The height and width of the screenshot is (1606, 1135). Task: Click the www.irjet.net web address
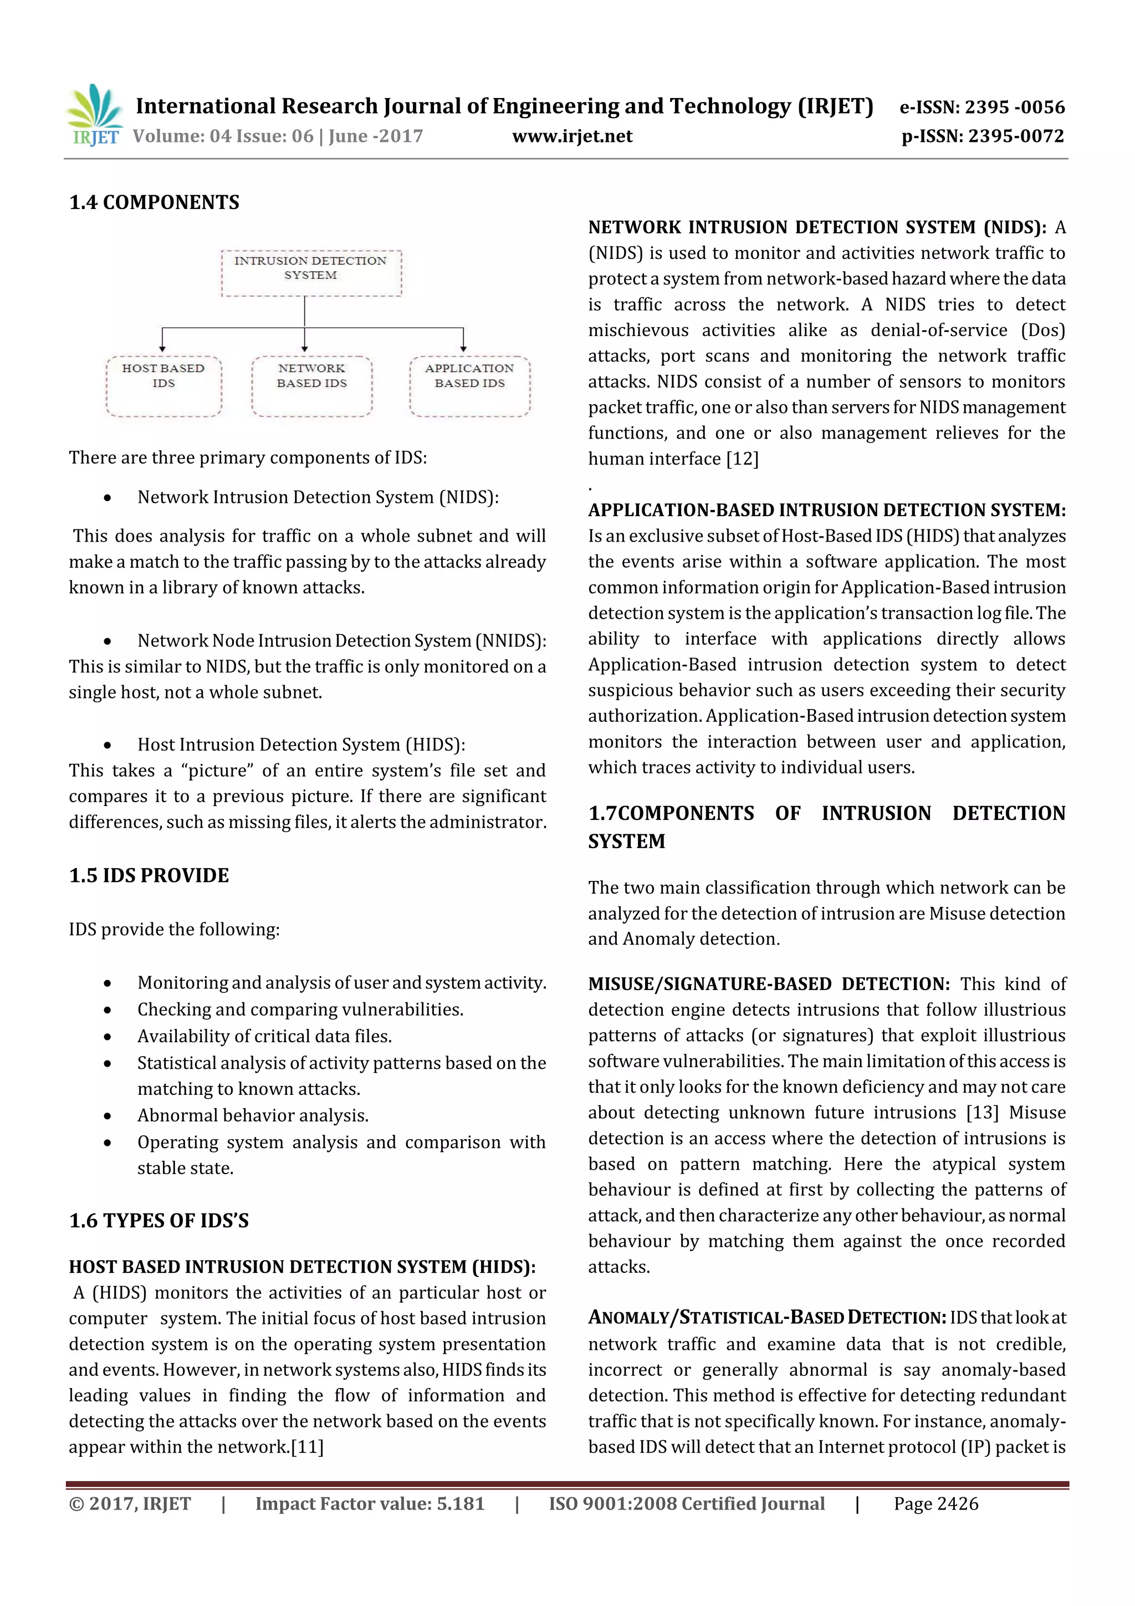click(572, 136)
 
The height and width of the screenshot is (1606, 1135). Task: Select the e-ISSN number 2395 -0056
click(1015, 107)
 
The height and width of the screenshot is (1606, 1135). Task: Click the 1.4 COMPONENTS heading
click(154, 203)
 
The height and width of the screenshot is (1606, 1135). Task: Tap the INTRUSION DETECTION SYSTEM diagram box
click(311, 273)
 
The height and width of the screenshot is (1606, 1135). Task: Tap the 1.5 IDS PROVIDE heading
click(149, 876)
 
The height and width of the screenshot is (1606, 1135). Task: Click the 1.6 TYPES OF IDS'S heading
click(159, 1221)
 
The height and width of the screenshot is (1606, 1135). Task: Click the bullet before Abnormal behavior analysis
click(107, 1116)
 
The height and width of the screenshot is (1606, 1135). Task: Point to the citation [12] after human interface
click(742, 459)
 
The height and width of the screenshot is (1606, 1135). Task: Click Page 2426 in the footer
click(935, 1504)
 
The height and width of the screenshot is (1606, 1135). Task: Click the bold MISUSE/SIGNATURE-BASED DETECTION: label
click(769, 984)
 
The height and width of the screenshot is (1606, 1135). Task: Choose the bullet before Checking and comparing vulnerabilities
click(107, 1010)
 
